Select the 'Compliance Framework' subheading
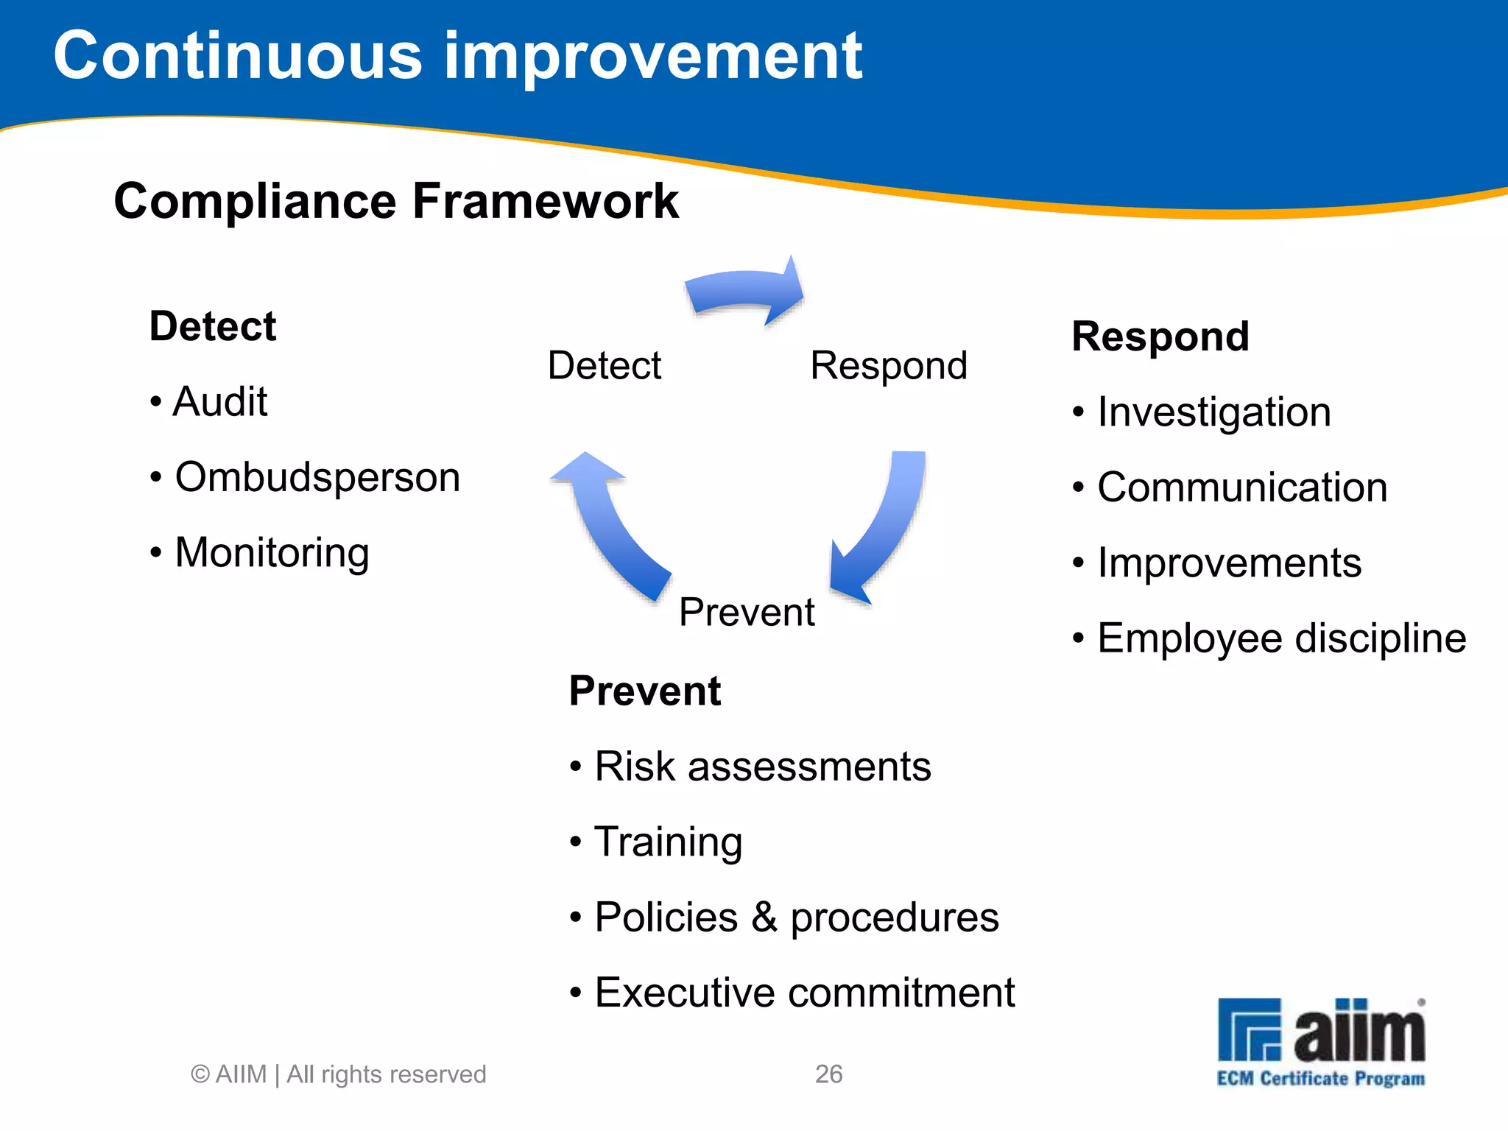pyautogui.click(x=395, y=201)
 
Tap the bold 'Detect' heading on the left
pyautogui.click(x=212, y=326)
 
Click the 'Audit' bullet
pyautogui.click(x=219, y=402)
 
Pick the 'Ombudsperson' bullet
pyautogui.click(x=317, y=477)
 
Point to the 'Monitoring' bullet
pyautogui.click(x=271, y=552)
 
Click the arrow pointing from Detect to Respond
pyautogui.click(x=745, y=291)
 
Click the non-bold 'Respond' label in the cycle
pyautogui.click(x=888, y=365)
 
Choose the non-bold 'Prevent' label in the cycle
pyautogui.click(x=746, y=612)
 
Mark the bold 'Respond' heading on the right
pyautogui.click(x=1160, y=337)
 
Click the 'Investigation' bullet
pyautogui.click(x=1213, y=412)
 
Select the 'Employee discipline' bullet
pyautogui.click(x=1281, y=638)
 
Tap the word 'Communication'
pyautogui.click(x=1241, y=487)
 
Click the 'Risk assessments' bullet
pyautogui.click(x=762, y=767)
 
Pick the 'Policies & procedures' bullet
pyautogui.click(x=796, y=917)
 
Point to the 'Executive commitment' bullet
pyautogui.click(x=804, y=993)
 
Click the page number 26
pyautogui.click(x=828, y=1074)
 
